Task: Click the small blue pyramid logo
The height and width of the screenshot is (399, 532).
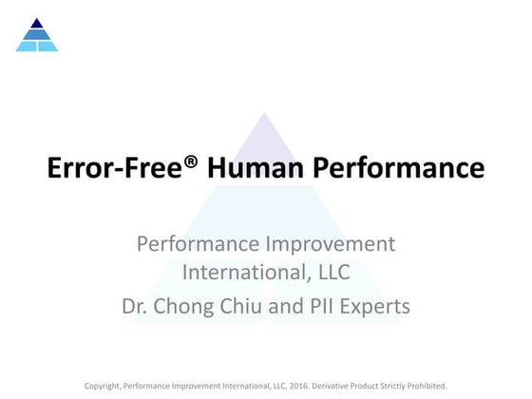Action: (37, 35)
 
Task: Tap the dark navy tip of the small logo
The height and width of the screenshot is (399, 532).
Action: (37, 23)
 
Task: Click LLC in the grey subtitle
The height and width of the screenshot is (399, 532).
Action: (330, 274)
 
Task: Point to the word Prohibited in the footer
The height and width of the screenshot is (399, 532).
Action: (427, 386)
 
